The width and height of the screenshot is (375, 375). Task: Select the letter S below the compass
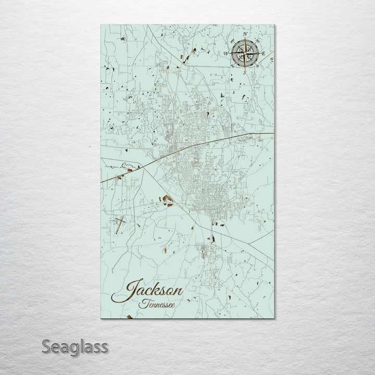244,73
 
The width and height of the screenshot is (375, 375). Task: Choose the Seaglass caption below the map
76,347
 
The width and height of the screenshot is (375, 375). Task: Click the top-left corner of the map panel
101,24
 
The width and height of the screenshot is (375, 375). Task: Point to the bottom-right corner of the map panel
274,318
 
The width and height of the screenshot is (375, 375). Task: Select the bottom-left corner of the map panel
102,318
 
